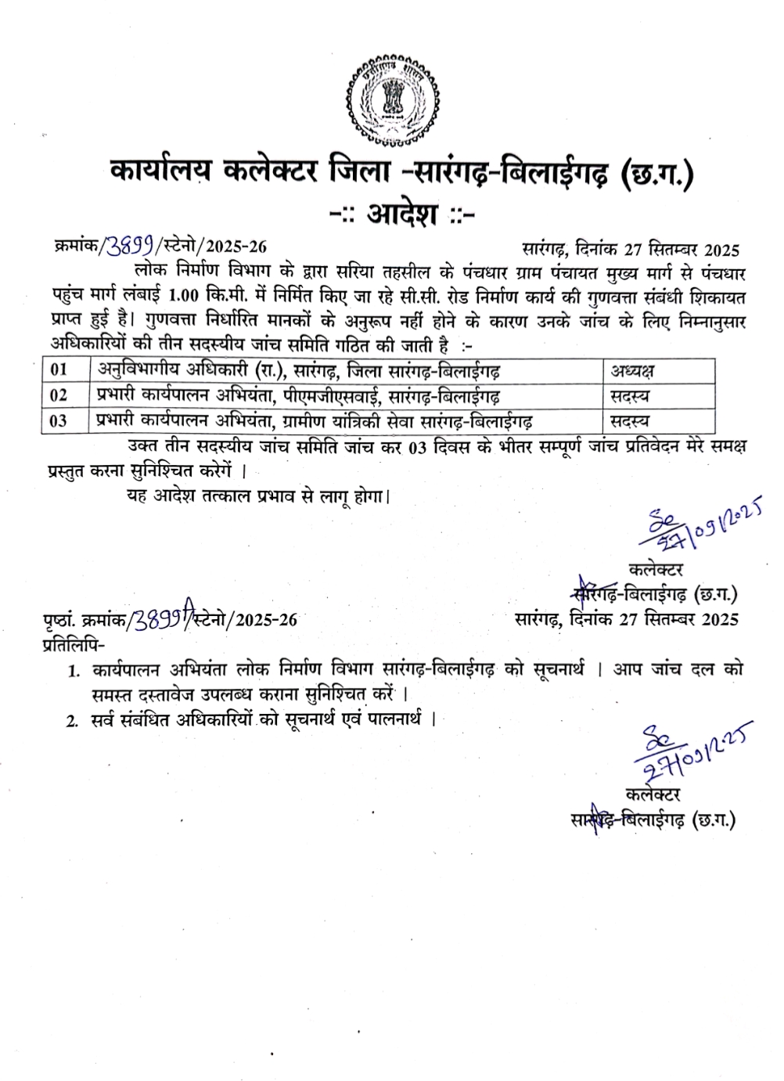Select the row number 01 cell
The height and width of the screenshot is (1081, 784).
(59, 369)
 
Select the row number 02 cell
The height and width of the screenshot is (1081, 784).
(59, 395)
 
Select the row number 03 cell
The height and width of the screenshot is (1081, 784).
(59, 420)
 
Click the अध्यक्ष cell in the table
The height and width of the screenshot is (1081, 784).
(632, 370)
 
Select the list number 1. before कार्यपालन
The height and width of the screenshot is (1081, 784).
(74, 671)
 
